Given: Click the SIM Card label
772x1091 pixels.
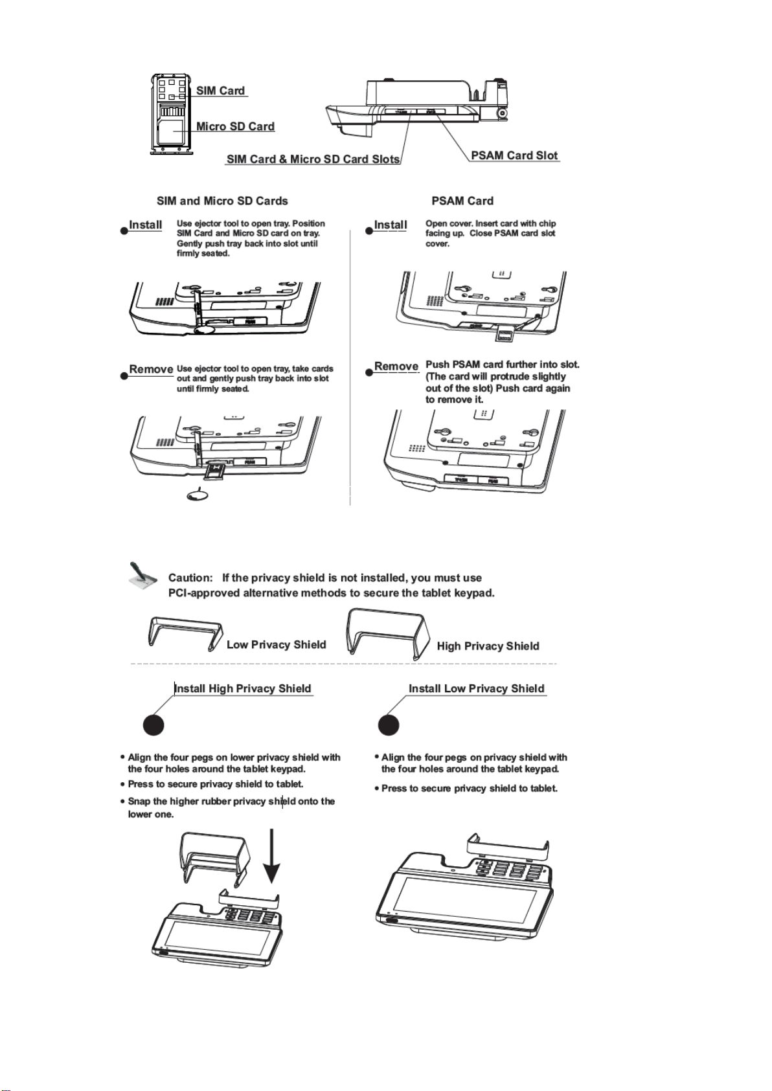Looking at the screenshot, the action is tap(220, 91).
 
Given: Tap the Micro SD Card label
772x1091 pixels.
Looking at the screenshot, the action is tap(235, 126).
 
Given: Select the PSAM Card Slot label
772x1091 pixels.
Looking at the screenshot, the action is tap(514, 155).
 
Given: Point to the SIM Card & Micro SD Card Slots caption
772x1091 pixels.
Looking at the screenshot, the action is tap(313, 159).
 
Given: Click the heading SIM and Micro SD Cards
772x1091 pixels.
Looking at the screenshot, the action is tap(222, 201).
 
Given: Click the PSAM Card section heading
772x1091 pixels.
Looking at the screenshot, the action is tap(462, 201).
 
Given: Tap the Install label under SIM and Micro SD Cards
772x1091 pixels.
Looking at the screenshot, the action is tap(145, 225).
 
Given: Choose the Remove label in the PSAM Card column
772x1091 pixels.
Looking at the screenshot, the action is tap(396, 366).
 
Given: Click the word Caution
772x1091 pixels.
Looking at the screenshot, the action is tap(190, 578).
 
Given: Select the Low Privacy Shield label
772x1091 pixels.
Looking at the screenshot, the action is tap(277, 644).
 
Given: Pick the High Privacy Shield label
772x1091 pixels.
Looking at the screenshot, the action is tap(488, 646).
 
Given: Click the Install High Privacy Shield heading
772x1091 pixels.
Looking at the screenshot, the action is tap(243, 688).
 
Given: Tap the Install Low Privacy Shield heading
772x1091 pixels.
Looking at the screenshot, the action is tap(476, 688).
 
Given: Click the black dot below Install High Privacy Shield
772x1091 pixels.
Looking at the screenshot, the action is tap(153, 725).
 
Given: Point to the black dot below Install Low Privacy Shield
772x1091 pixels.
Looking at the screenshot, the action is tap(389, 725).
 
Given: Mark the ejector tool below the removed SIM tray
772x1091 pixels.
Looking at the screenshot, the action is tap(198, 495).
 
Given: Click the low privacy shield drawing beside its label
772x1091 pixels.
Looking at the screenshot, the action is tap(186, 633).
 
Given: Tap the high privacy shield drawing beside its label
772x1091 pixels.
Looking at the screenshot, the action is tap(387, 633).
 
